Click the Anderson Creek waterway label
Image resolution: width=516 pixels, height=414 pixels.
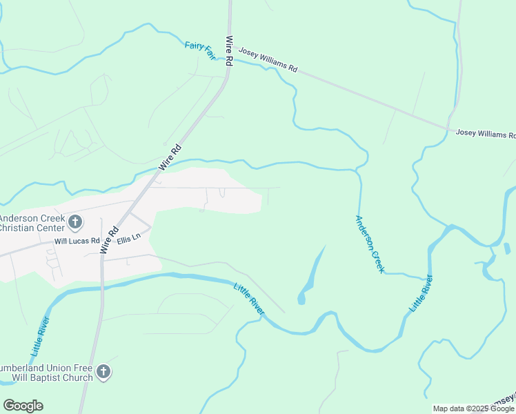tap(369, 243)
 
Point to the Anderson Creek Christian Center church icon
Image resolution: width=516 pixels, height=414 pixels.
tap(76, 222)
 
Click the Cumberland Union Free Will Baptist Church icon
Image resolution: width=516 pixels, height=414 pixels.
tap(103, 372)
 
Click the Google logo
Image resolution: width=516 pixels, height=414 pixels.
tap(23, 406)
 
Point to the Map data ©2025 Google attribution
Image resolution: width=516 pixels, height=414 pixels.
tap(474, 408)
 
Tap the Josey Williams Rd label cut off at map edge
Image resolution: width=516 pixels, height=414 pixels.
tap(486, 134)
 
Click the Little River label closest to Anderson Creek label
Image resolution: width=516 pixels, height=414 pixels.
tap(421, 293)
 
